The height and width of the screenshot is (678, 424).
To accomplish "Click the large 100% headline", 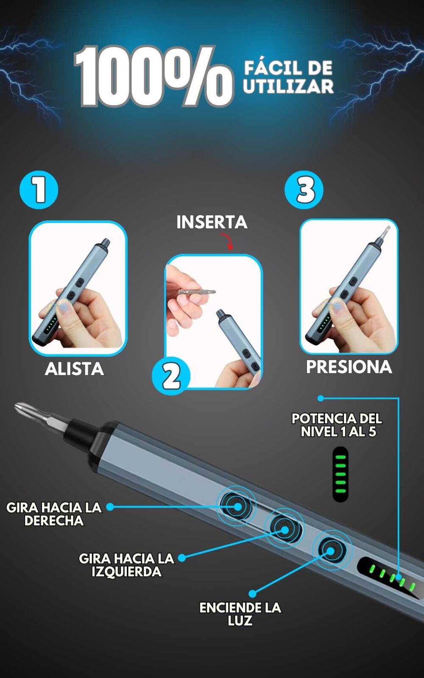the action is pyautogui.click(x=154, y=76).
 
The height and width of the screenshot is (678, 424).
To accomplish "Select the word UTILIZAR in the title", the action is pyautogui.click(x=288, y=86).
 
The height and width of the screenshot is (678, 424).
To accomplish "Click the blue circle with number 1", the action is pyautogui.click(x=39, y=190).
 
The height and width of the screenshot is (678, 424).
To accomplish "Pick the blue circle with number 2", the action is pyautogui.click(x=171, y=375).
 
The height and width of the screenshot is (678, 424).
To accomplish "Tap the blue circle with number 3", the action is pyautogui.click(x=304, y=190).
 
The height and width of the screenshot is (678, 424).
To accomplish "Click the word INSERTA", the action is pyautogui.click(x=212, y=222).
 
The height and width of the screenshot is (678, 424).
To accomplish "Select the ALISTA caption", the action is pyautogui.click(x=75, y=369).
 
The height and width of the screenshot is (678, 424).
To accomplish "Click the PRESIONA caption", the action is pyautogui.click(x=349, y=367).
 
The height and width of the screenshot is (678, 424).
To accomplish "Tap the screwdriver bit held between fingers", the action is pyautogui.click(x=197, y=292).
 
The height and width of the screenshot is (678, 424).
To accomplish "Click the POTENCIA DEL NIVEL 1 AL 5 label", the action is pyautogui.click(x=337, y=425).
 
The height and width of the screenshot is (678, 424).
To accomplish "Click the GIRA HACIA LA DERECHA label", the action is pyautogui.click(x=54, y=514).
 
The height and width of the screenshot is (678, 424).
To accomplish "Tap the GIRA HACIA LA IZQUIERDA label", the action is pyautogui.click(x=127, y=565).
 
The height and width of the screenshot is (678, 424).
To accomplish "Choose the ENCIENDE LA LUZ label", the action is pyautogui.click(x=240, y=614).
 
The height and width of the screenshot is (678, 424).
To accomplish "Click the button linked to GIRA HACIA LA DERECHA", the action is pyautogui.click(x=237, y=506).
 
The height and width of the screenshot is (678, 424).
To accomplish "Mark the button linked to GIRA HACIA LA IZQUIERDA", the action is pyautogui.click(x=284, y=529).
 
